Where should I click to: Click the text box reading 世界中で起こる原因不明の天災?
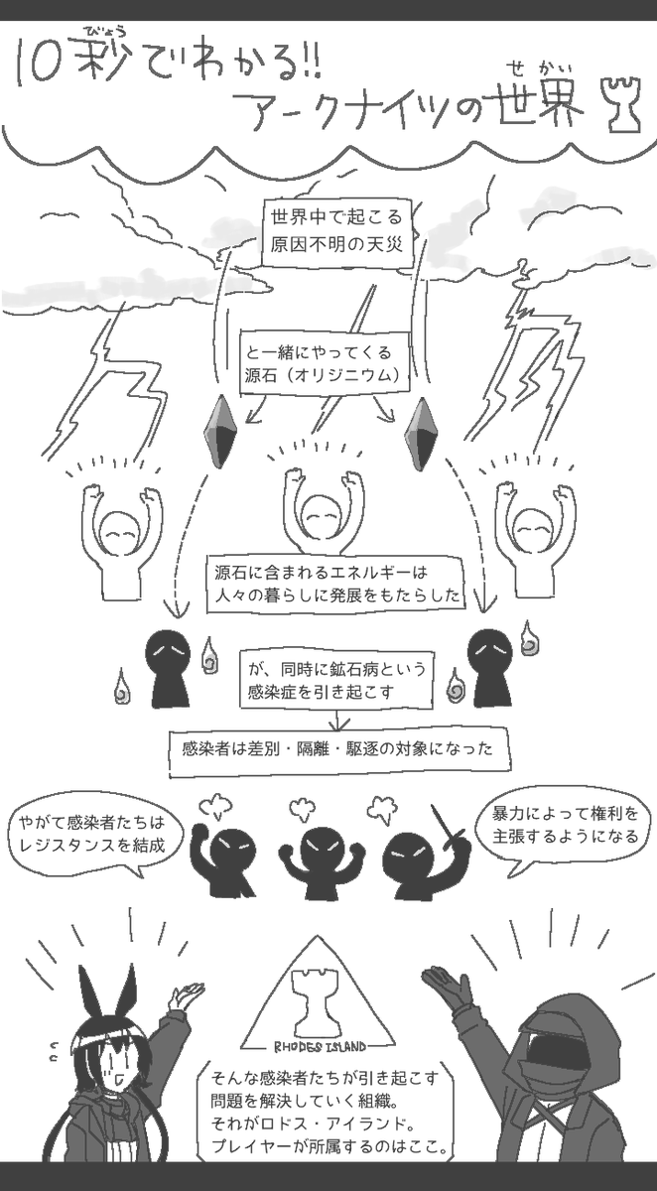click(x=334, y=230)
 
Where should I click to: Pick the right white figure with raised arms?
click(x=534, y=536)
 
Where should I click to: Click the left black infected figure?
click(x=163, y=665)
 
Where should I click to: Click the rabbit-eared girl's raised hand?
click(x=186, y=994)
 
